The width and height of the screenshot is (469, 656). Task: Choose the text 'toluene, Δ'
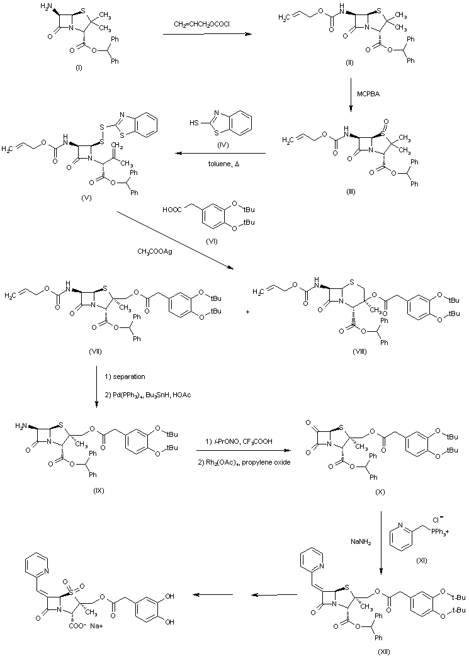(x=218, y=161)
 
